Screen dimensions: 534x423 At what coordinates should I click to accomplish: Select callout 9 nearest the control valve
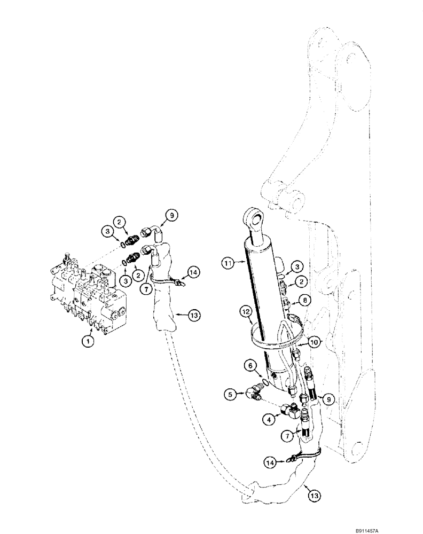[171, 216]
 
